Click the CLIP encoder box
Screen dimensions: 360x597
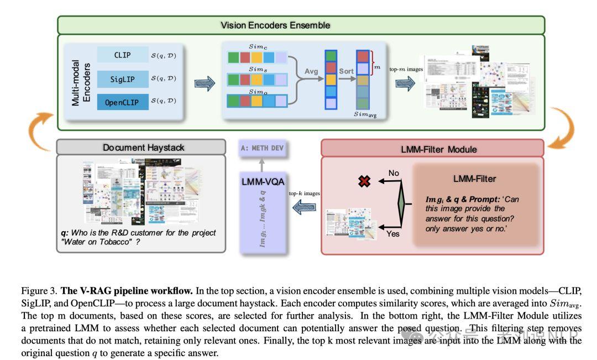[123, 55]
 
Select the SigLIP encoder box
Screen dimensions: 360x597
[123, 79]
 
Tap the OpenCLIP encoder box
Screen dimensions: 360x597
[123, 103]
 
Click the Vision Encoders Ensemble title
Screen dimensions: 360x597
[275, 25]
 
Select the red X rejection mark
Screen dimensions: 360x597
[364, 181]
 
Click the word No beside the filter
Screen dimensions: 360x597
[394, 173]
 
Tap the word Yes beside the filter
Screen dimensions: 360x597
[393, 234]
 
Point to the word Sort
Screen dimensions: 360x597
[347, 71]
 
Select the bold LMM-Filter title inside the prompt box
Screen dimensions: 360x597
[474, 179]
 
